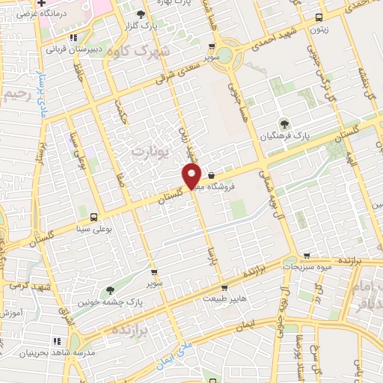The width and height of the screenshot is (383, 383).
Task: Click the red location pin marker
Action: pyautogui.click(x=192, y=175)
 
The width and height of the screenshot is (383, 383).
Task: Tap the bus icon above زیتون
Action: pyautogui.click(x=320, y=18)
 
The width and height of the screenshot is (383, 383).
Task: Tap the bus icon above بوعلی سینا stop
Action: pyautogui.click(x=94, y=212)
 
